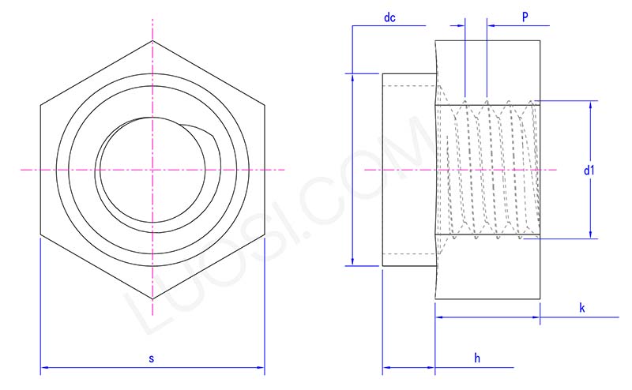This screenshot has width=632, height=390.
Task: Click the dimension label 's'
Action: [152, 358]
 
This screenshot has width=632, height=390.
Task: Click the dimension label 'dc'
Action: [389, 17]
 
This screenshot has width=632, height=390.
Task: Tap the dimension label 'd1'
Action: [589, 170]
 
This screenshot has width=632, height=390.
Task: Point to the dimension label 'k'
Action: [581, 307]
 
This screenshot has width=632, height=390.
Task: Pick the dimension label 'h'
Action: [477, 358]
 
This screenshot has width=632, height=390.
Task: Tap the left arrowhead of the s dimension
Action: [43, 367]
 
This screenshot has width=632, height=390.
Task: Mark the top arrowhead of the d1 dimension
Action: [591, 103]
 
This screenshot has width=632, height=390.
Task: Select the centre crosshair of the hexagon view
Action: [152, 169]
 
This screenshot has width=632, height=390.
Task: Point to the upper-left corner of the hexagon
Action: [40, 105]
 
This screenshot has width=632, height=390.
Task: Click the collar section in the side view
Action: [408, 170]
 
